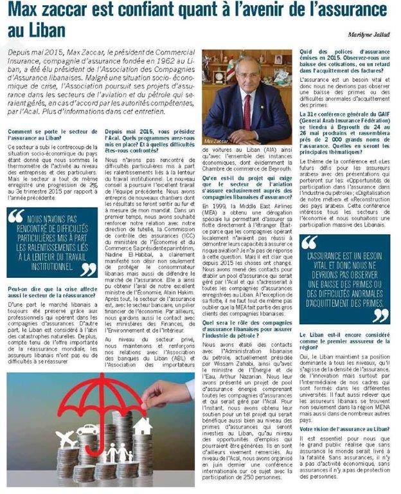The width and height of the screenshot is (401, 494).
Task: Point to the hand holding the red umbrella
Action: point(168,393)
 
